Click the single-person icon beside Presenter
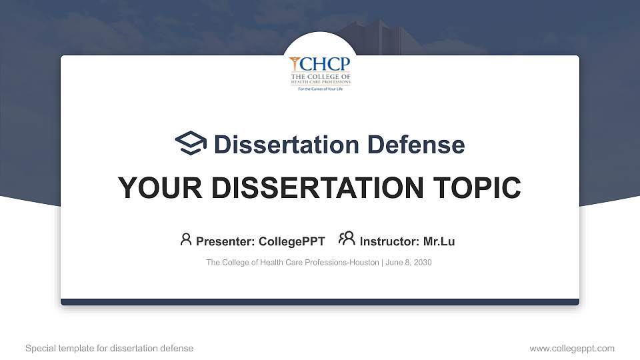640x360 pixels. tap(186, 239)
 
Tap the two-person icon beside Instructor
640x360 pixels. tap(347, 239)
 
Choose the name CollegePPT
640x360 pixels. tap(292, 241)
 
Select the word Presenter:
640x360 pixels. tap(222, 241)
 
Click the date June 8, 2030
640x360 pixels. tap(409, 263)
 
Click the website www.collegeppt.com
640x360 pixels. tap(572, 348)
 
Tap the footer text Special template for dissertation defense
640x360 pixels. tap(109, 348)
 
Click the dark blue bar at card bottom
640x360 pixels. tap(320, 302)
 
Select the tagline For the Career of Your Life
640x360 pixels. tap(320, 88)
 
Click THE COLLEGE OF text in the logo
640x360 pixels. tap(320, 76)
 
